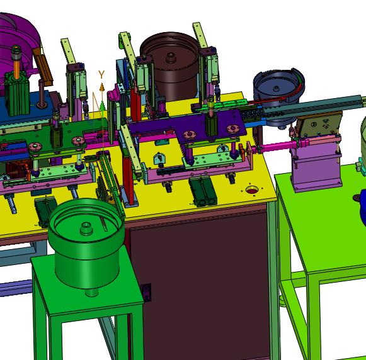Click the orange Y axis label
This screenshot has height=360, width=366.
pyautogui.click(x=101, y=75)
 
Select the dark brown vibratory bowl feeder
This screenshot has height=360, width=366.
pyautogui.click(x=170, y=65)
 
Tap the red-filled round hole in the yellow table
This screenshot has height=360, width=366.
pyautogui.click(x=252, y=191)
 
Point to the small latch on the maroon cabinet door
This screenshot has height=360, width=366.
pyautogui.click(x=147, y=292)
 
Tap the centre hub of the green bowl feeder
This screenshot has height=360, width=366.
pyautogui.click(x=86, y=228)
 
